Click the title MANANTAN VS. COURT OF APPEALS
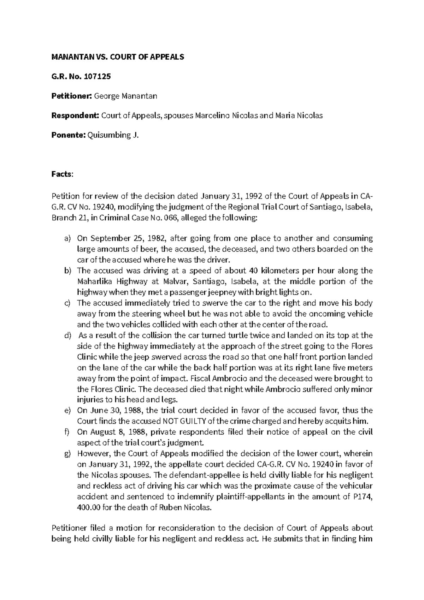point(118,57)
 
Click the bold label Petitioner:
point(72,96)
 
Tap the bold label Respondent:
point(75,115)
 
